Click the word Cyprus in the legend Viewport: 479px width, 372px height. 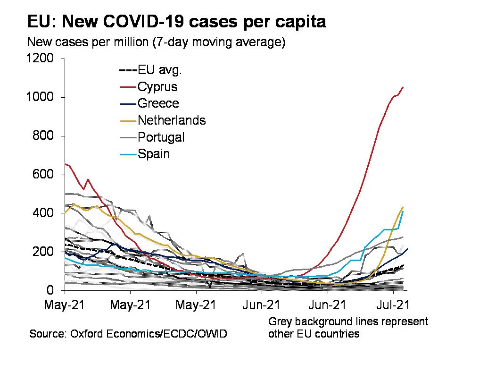coord(157,87)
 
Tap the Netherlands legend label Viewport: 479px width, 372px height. coord(172,120)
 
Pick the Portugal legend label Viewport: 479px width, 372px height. coord(161,137)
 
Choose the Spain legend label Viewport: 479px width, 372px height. coord(154,154)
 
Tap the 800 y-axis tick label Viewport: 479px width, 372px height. coord(43,136)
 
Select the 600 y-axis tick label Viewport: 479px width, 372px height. coord(43,175)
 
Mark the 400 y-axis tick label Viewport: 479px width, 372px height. coord(43,213)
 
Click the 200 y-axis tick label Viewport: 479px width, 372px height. coord(43,252)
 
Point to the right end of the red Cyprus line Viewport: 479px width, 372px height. coord(403,87)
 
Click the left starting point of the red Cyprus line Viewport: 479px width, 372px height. coord(65,164)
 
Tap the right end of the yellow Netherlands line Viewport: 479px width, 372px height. coord(403,207)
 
